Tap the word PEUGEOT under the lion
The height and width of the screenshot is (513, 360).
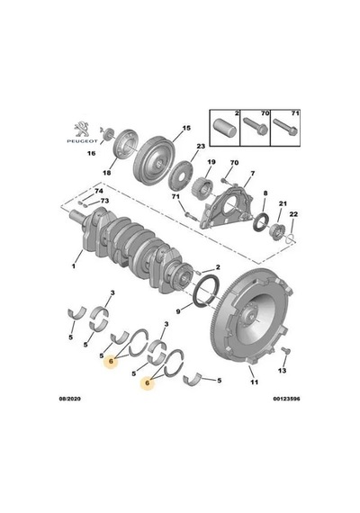82,141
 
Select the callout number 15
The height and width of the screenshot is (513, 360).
186,128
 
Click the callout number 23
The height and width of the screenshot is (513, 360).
201,146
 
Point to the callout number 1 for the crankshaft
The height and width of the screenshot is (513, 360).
74,265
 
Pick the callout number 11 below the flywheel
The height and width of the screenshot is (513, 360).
255,382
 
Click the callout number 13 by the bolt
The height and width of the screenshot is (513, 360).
282,371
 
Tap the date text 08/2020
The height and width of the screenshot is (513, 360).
69,399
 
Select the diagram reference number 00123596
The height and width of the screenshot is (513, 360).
287,399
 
